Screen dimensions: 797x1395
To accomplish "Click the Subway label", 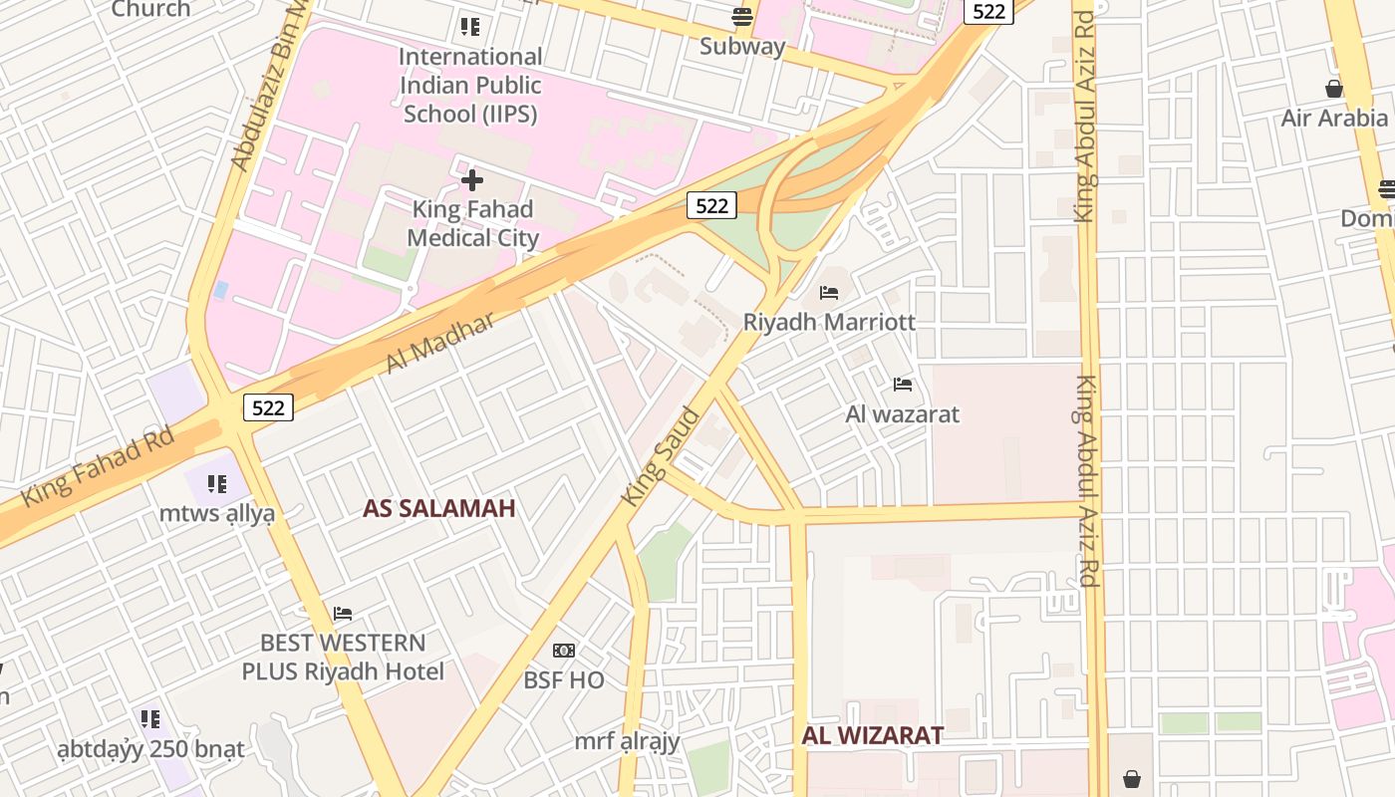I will click(742, 46).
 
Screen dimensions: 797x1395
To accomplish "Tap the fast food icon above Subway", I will click(741, 16).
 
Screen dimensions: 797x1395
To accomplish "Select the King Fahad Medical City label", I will click(472, 223).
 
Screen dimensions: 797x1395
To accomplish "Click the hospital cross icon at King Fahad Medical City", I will click(472, 180).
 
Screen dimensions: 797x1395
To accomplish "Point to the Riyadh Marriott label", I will click(829, 322).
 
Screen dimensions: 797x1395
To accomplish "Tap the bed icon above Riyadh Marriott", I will click(829, 293).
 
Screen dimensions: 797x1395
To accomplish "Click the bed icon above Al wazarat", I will click(903, 385).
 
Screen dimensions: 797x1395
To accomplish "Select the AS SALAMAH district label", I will click(438, 508).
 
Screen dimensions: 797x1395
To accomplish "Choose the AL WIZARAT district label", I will click(872, 735).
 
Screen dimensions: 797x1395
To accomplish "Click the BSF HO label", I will click(564, 680).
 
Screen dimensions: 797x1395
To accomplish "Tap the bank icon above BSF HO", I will click(564, 651).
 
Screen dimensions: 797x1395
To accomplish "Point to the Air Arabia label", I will click(1334, 118).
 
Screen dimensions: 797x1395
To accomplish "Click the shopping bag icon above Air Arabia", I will click(1334, 89).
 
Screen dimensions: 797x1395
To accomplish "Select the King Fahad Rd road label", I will click(98, 465).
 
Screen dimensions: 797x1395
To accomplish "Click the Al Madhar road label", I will click(439, 342).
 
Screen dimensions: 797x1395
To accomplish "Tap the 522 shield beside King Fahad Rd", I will click(268, 406).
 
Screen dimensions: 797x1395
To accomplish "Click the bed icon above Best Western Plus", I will click(343, 613).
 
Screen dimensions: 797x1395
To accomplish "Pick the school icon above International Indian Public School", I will click(470, 27).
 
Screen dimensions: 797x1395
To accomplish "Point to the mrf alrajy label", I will click(627, 741).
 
